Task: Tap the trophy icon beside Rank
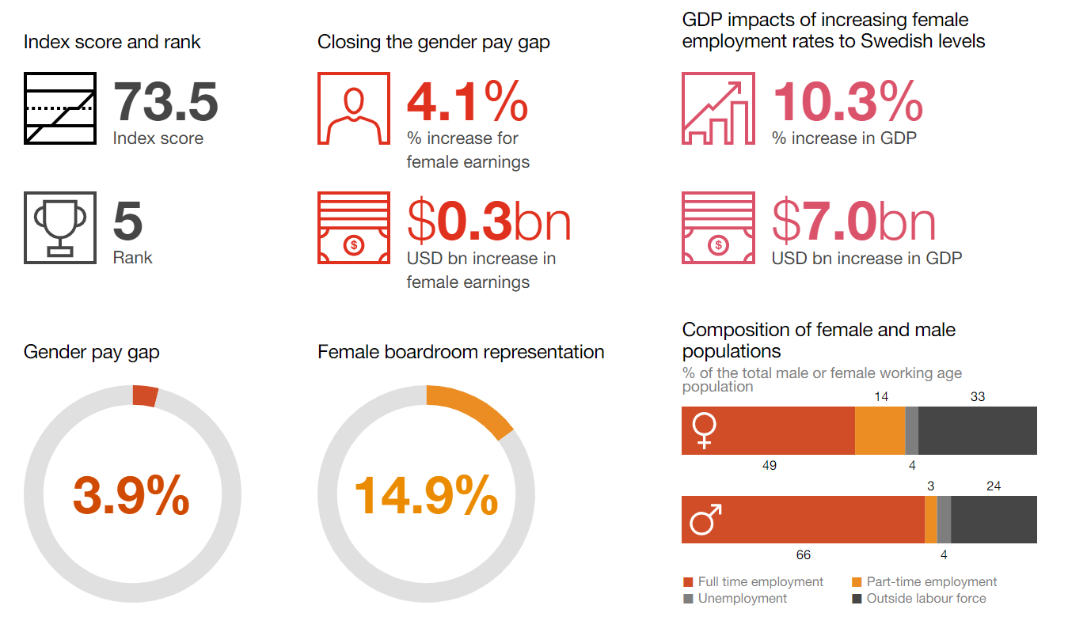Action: (60, 227)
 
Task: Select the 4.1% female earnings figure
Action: (467, 101)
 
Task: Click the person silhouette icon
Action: (353, 108)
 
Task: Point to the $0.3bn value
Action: (488, 221)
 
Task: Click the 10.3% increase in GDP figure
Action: (847, 101)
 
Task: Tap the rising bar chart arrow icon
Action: (717, 108)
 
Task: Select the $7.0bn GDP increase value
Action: (853, 221)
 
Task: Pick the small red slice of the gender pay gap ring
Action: (145, 395)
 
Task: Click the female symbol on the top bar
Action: (704, 431)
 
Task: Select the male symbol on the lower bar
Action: (705, 520)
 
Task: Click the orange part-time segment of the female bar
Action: (880, 431)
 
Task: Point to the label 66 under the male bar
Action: (803, 555)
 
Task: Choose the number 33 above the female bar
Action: (977, 396)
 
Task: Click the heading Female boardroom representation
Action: (461, 352)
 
